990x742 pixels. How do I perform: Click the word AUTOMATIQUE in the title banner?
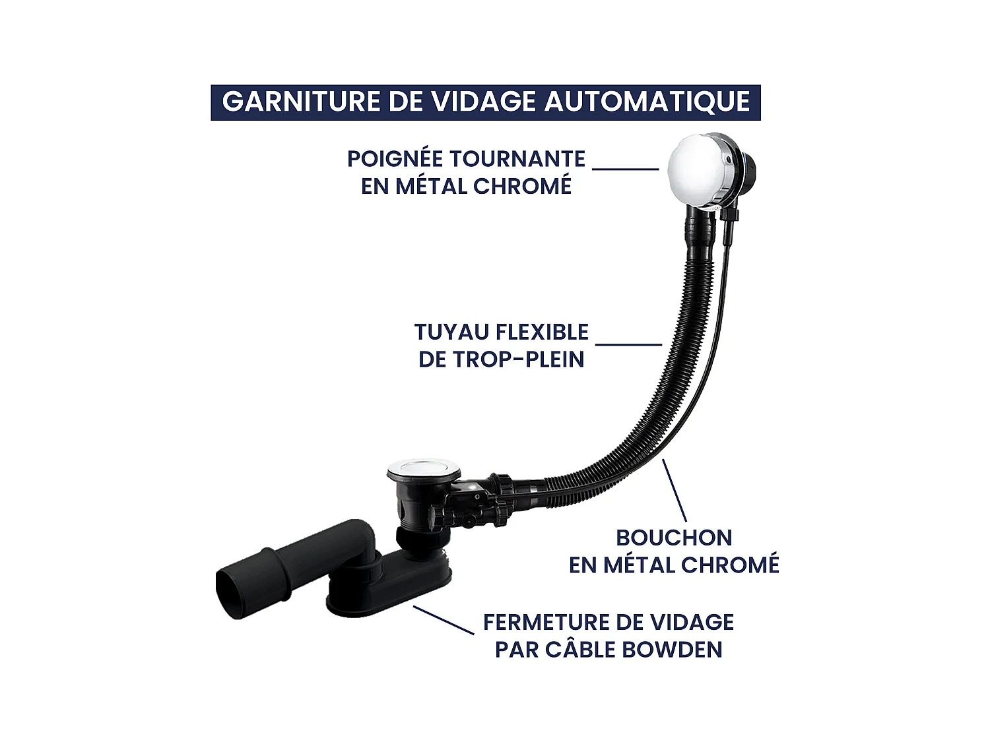click(647, 102)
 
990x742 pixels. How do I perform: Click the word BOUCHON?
click(674, 538)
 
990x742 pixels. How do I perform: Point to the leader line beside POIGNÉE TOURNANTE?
click(625, 169)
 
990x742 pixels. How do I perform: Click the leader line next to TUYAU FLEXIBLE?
click(628, 344)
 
